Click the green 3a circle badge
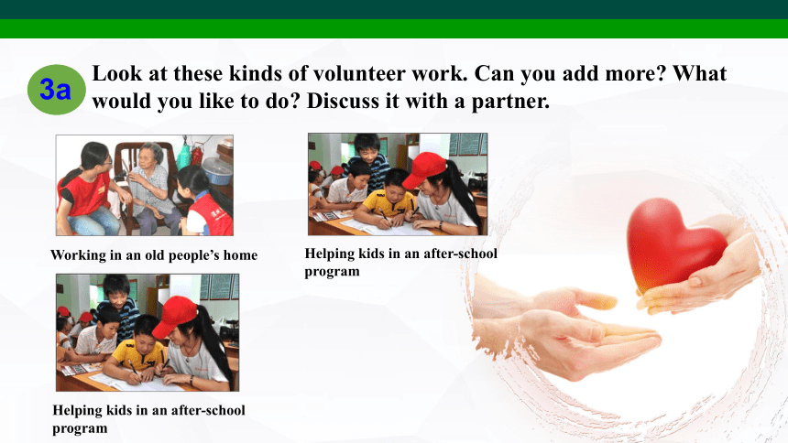point(56,90)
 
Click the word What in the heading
point(699,73)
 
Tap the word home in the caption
point(240,255)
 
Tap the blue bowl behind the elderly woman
point(216,171)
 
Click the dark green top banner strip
point(394,9)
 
